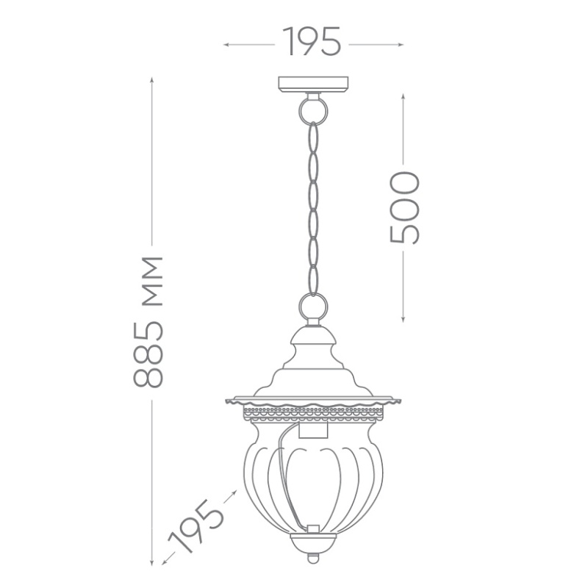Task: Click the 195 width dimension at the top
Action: coord(312,41)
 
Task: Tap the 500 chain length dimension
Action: coord(404,207)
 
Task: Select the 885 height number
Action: coord(148,354)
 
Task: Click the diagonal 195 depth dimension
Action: coord(196,526)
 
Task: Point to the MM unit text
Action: coord(153,282)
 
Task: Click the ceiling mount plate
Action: coord(313,85)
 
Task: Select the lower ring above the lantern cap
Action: coord(313,306)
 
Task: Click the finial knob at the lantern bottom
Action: coord(313,559)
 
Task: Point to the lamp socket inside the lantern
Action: coord(313,429)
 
